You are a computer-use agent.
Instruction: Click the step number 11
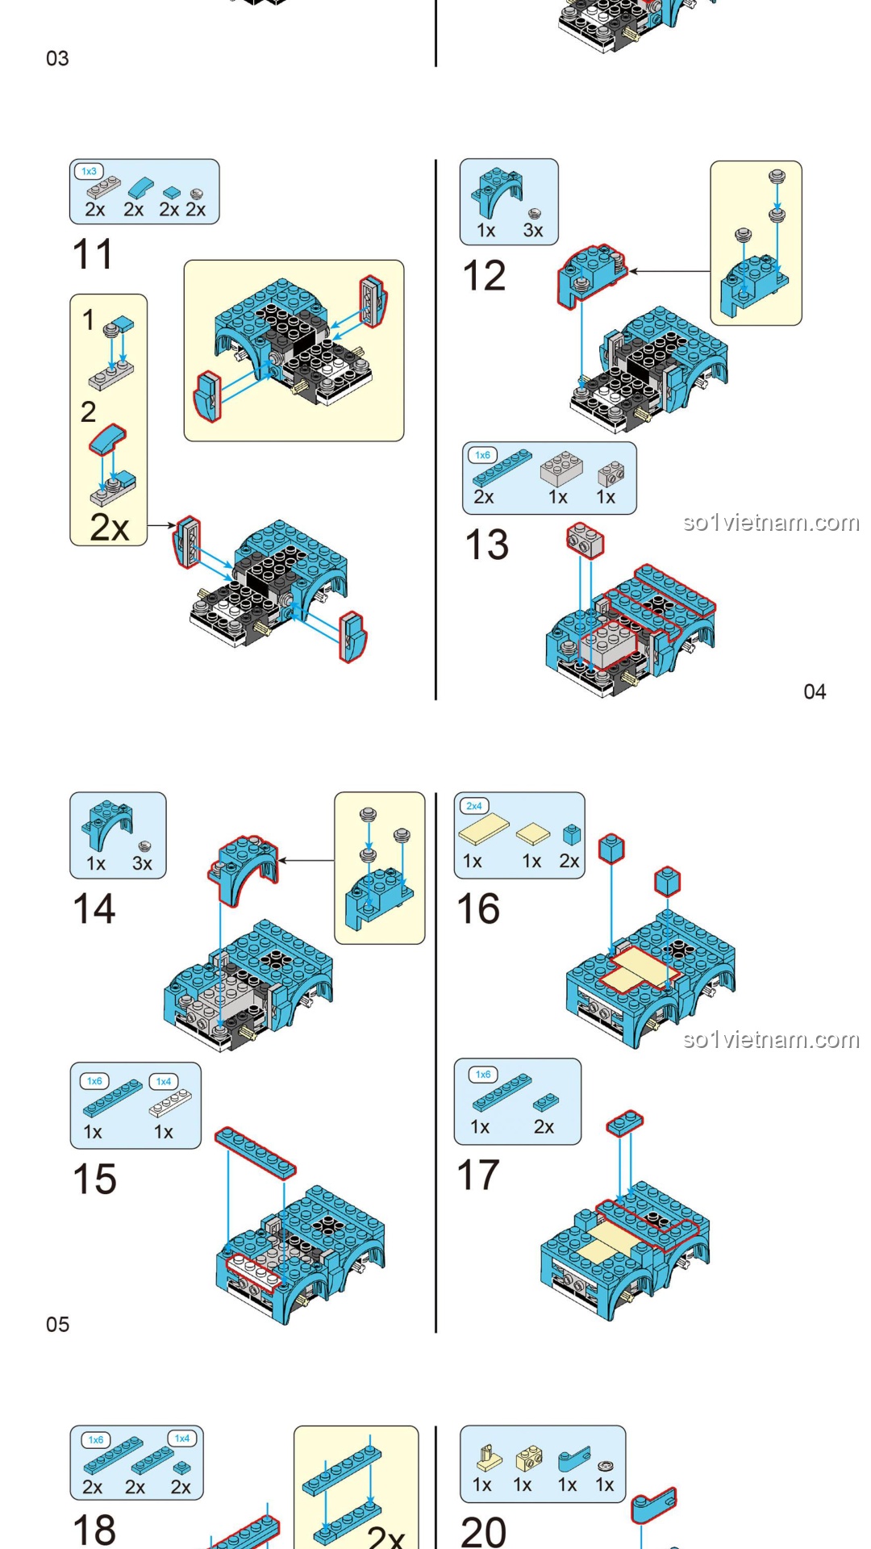click(x=93, y=254)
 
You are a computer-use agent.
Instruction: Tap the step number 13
click(x=486, y=545)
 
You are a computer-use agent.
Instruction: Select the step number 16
click(x=478, y=909)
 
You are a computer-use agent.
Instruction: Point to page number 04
click(x=815, y=691)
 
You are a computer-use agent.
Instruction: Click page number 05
click(x=57, y=1324)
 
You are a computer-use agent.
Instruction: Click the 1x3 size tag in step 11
click(x=89, y=171)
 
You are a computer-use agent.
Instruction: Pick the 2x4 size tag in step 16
click(x=474, y=806)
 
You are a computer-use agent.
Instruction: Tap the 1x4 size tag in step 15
click(x=164, y=1081)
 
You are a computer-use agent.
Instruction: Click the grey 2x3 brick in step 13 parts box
click(x=562, y=468)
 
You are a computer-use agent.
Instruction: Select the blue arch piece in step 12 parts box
click(x=494, y=192)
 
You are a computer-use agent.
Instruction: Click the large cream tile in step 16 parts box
click(x=484, y=830)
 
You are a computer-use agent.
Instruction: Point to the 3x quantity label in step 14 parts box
click(x=142, y=864)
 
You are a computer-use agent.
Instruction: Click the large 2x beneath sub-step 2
click(x=109, y=528)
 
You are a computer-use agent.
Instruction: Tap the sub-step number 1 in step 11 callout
click(x=88, y=319)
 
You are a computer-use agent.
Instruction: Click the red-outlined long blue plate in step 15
click(x=255, y=1153)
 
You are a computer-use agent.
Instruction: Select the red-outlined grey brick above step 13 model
click(x=585, y=540)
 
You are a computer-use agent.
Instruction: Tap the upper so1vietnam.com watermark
click(x=771, y=523)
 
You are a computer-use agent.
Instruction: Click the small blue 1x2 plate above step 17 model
click(x=625, y=1122)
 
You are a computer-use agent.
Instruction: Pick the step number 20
click(x=483, y=1530)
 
